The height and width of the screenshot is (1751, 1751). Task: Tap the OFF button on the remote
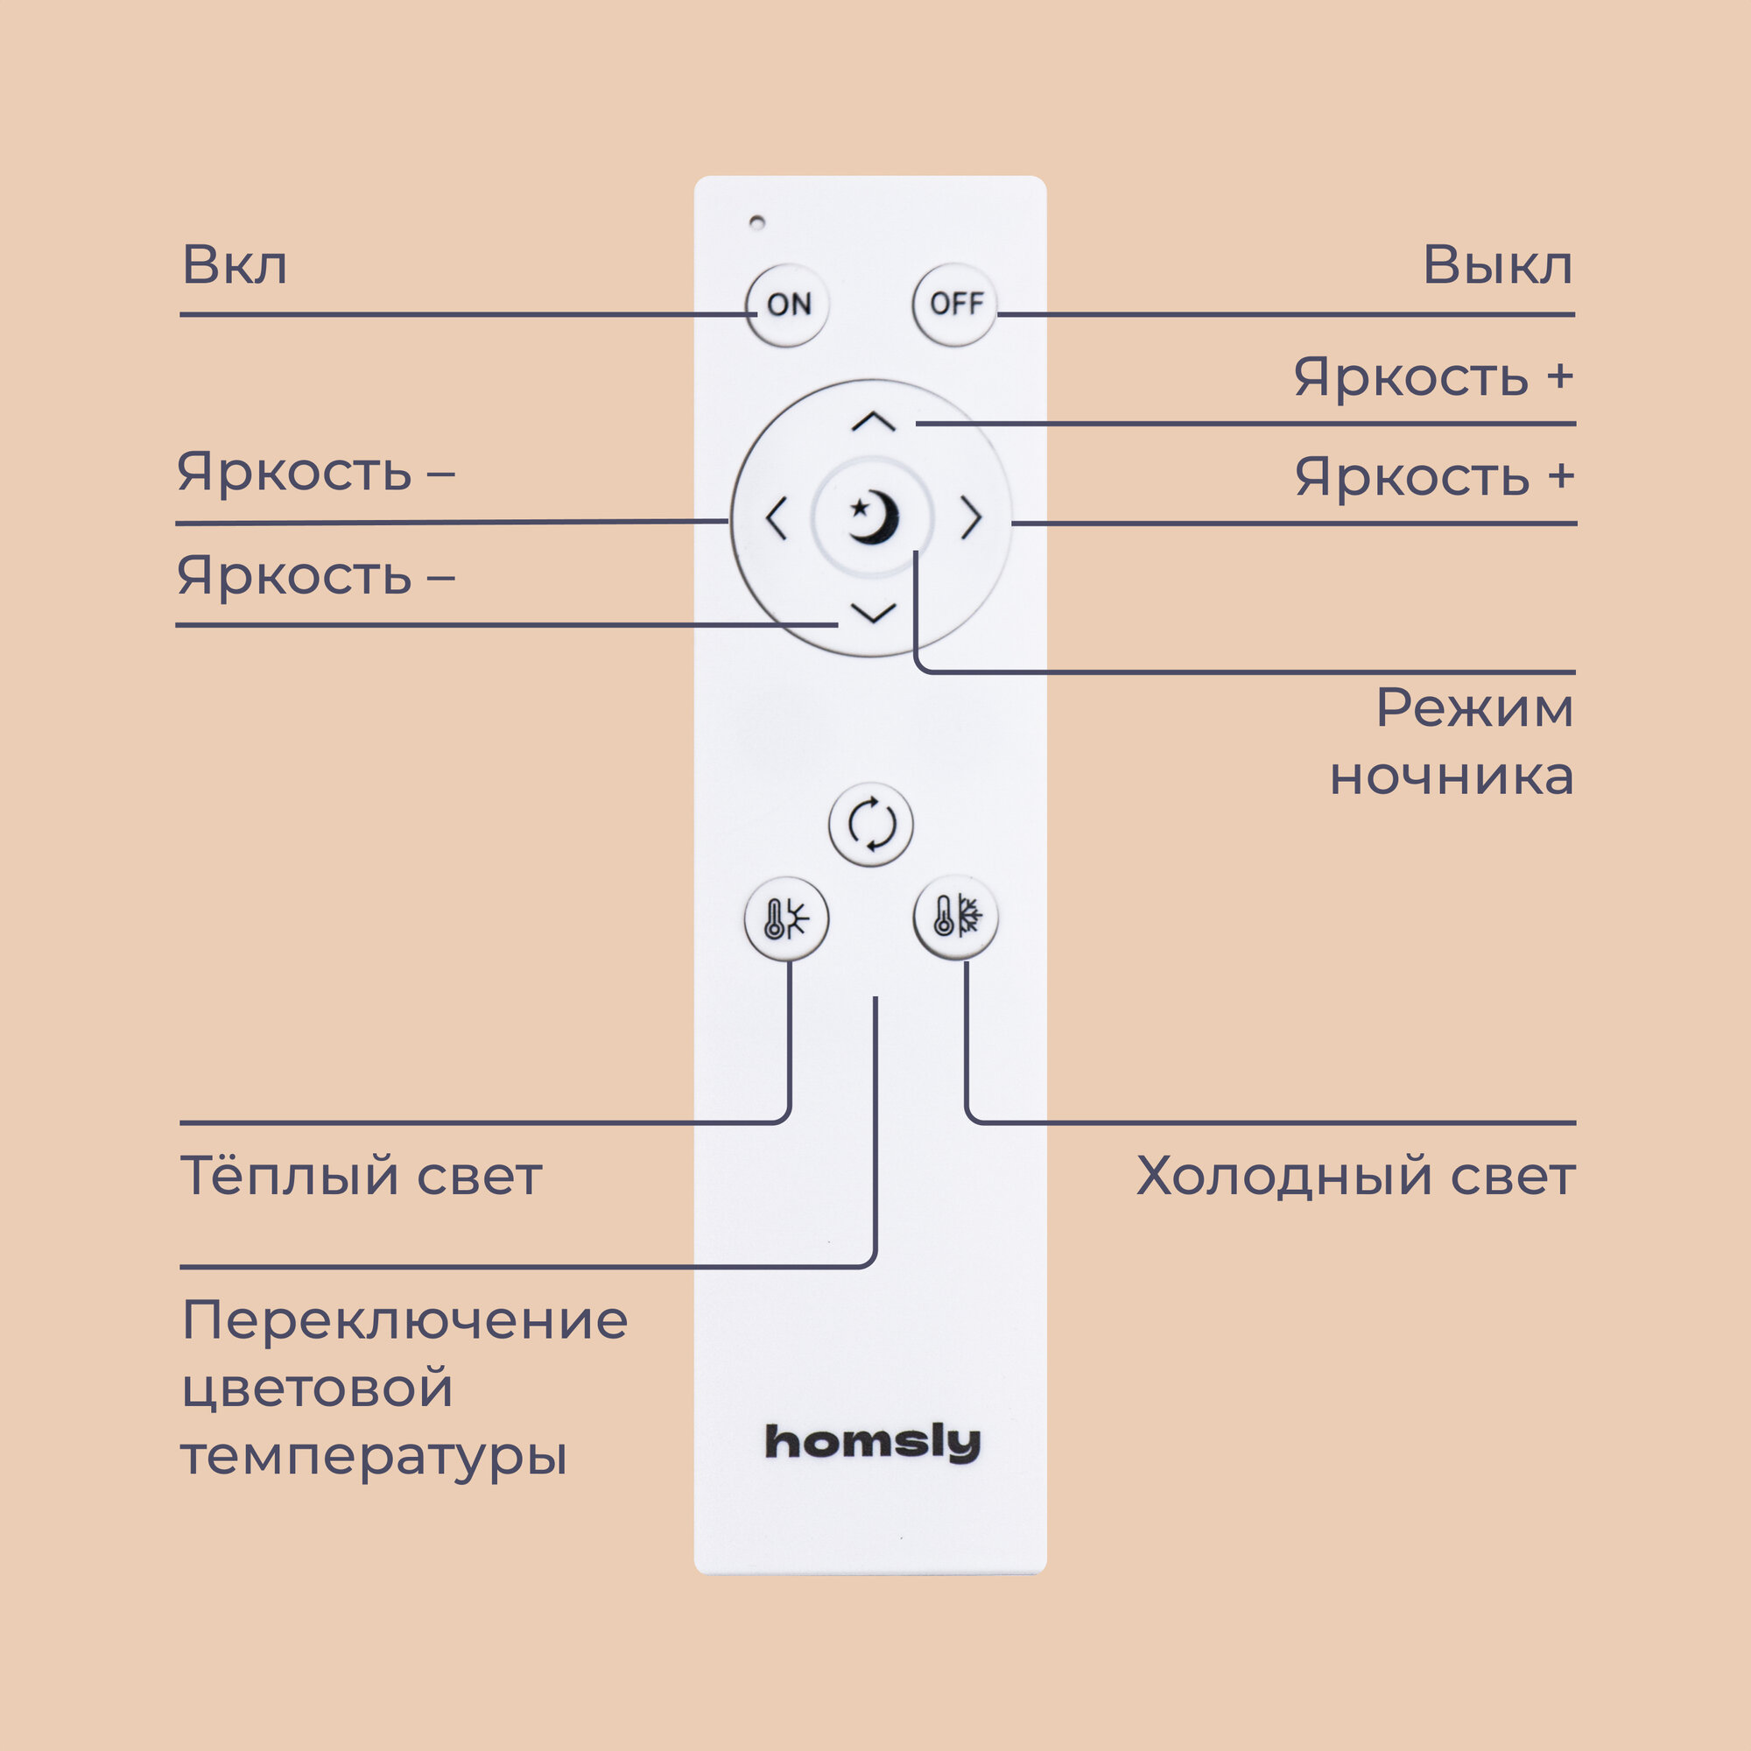955,305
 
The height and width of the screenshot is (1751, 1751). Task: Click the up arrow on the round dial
874,422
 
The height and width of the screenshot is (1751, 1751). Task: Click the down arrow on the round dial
874,614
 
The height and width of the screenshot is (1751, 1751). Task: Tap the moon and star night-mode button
873,517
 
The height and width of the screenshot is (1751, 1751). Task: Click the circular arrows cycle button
871,825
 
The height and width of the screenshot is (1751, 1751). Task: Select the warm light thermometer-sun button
786,919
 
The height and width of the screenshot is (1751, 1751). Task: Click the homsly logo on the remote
873,1442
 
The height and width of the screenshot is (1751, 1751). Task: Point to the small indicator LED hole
756,222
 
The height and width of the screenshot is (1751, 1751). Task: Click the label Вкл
235,265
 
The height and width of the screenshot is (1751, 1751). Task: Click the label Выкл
1497,265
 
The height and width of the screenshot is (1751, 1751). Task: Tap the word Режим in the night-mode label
1474,707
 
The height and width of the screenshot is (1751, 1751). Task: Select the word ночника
1451,776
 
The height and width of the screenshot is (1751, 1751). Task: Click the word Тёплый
290,1176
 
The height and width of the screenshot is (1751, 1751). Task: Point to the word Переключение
404,1320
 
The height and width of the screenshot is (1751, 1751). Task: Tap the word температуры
374,1459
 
